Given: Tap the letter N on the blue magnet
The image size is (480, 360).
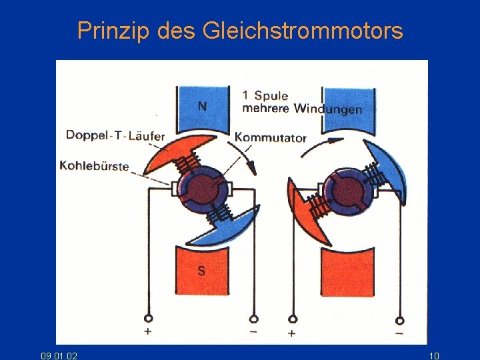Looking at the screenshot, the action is pyautogui.click(x=202, y=106).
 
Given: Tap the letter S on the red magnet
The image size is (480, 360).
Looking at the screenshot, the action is pyautogui.click(x=201, y=270).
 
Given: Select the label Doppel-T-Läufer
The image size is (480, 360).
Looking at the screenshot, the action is pyautogui.click(x=115, y=136).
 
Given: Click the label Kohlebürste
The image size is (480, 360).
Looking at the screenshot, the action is pyautogui.click(x=94, y=165).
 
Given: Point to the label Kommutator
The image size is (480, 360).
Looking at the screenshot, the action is pyautogui.click(x=271, y=138).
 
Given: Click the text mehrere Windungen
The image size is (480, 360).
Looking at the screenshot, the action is pyautogui.click(x=302, y=109).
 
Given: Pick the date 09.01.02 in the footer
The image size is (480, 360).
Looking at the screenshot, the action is pyautogui.click(x=59, y=356).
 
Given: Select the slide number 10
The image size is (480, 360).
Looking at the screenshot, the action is pyautogui.click(x=434, y=356).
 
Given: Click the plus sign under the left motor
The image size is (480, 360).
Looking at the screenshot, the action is pyautogui.click(x=147, y=331).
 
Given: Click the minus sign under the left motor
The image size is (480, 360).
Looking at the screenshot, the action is pyautogui.click(x=253, y=331).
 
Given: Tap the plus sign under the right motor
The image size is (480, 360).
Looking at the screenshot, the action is pyautogui.click(x=291, y=333).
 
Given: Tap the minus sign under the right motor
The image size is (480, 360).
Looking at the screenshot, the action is pyautogui.click(x=399, y=333).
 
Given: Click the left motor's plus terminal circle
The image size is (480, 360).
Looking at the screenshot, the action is pyautogui.click(x=148, y=319).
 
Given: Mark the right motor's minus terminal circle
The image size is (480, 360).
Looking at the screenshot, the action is pyautogui.click(x=399, y=319).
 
